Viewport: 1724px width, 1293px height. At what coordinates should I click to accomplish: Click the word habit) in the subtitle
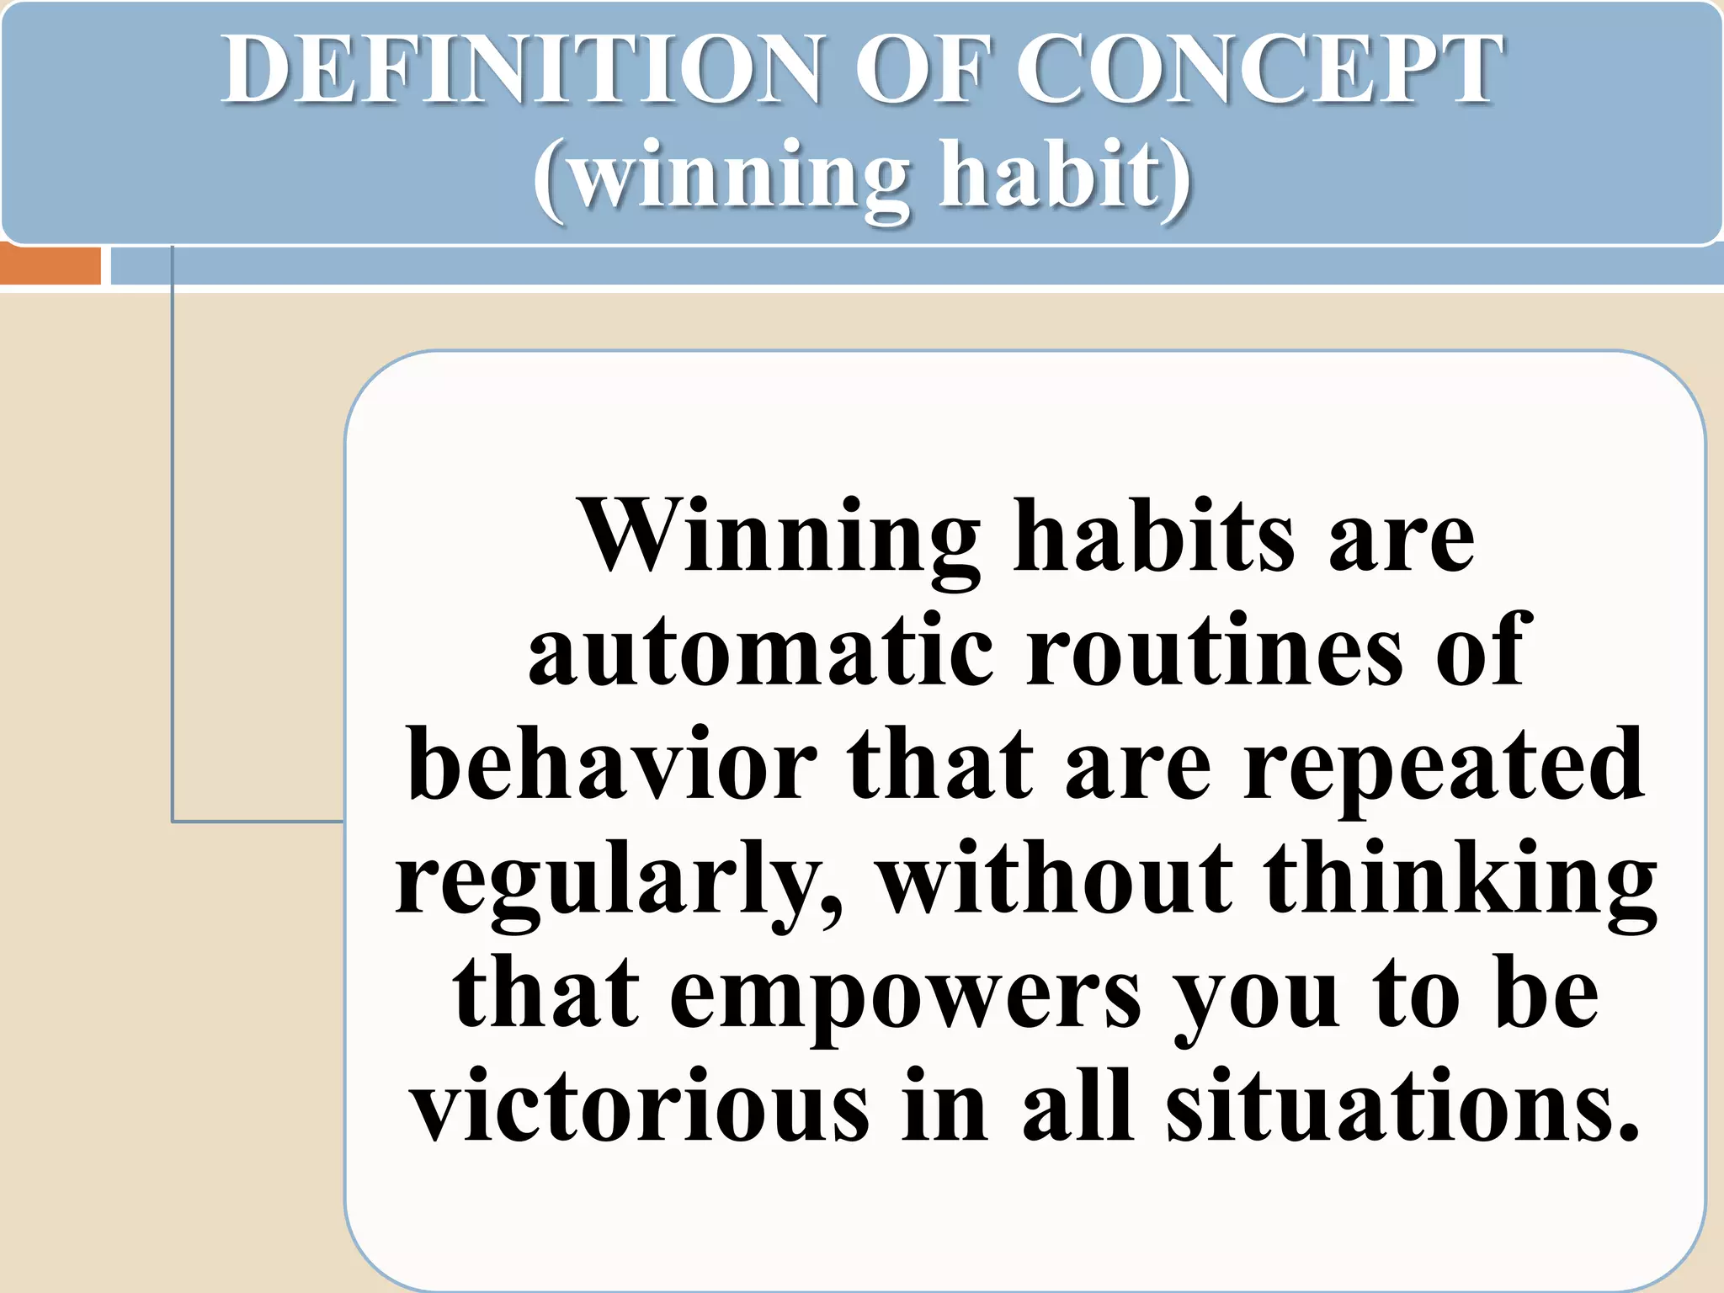click(1065, 177)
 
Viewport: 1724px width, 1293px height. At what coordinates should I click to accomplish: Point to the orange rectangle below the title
click(51, 265)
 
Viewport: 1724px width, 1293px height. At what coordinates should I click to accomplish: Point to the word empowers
click(906, 998)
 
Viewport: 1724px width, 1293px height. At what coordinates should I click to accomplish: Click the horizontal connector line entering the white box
click(258, 821)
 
